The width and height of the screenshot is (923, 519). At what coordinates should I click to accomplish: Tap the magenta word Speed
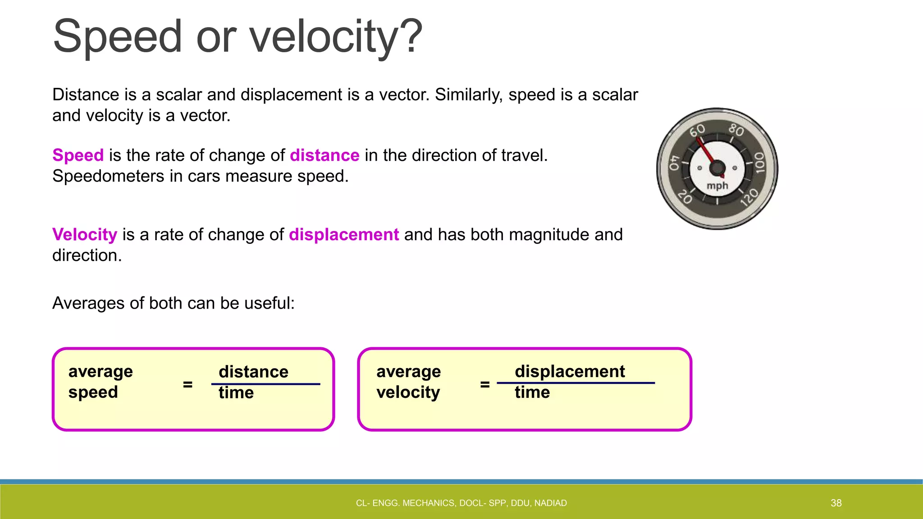(78, 155)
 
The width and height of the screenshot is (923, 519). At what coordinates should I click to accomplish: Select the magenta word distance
(324, 155)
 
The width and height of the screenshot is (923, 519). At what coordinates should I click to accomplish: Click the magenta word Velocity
(85, 235)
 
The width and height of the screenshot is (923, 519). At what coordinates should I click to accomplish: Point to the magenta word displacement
(343, 235)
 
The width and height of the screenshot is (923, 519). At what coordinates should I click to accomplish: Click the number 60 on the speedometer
(697, 131)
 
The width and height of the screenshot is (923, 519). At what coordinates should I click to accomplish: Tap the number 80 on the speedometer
(736, 130)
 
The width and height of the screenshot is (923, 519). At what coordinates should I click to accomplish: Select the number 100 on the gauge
(760, 163)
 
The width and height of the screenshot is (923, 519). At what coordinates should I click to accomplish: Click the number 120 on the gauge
(749, 197)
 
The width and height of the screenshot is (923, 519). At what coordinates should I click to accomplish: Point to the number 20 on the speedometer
(685, 197)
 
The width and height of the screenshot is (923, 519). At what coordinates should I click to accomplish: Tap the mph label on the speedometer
(717, 186)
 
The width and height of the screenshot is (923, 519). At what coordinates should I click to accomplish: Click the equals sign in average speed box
(187, 384)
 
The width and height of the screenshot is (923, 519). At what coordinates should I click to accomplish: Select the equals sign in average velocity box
(485, 384)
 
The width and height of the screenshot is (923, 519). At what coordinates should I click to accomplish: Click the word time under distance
(236, 393)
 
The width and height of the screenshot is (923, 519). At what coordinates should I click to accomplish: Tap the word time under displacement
(532, 392)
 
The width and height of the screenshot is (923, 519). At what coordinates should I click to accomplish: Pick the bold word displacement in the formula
(570, 372)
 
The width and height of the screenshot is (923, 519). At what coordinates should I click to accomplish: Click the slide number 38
(836, 503)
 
